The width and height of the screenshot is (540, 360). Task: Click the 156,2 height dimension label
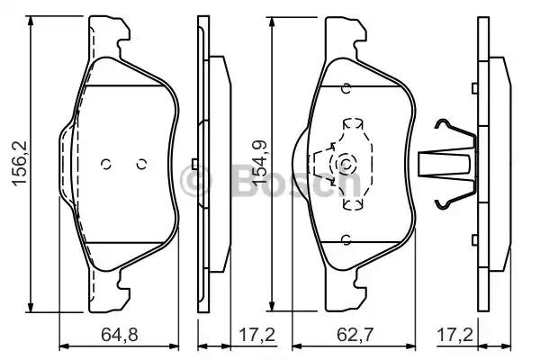tap(20, 164)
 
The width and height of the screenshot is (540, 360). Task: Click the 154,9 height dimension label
tap(260, 163)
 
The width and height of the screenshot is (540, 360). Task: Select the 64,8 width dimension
tap(120, 335)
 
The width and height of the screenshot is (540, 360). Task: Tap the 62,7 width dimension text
tap(355, 335)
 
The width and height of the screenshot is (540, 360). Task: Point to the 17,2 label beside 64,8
tap(256, 335)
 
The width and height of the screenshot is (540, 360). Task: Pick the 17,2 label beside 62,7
tap(454, 335)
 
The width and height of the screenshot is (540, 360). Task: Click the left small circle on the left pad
tap(105, 164)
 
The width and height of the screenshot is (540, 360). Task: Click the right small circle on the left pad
tap(141, 164)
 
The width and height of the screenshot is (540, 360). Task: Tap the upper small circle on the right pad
tap(346, 88)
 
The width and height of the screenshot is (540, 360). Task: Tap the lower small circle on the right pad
tap(346, 239)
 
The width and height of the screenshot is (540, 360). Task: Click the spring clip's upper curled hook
tap(443, 123)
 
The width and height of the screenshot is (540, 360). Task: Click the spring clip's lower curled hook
tap(443, 205)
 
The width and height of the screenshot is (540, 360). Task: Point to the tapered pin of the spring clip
tap(445, 165)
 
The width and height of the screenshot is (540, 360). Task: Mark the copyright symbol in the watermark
tap(195, 181)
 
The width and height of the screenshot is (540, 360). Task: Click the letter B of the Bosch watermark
tap(246, 181)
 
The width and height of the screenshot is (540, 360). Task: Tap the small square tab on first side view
tap(194, 164)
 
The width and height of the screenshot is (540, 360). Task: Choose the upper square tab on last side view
tap(474, 88)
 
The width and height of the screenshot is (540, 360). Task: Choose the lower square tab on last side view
tap(474, 239)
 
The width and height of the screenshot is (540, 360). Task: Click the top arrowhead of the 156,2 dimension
tap(31, 21)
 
